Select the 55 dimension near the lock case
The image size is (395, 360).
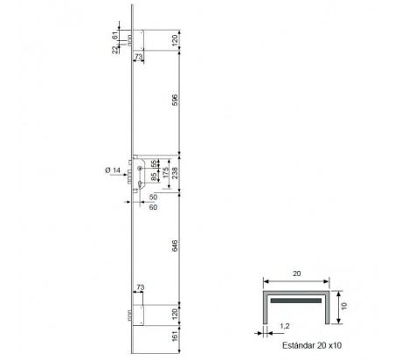point(154,163)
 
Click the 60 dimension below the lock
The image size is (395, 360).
point(154,208)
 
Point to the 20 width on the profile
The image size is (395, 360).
point(296,273)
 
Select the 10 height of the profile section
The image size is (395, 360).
point(346,307)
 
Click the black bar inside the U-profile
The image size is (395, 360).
point(296,298)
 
